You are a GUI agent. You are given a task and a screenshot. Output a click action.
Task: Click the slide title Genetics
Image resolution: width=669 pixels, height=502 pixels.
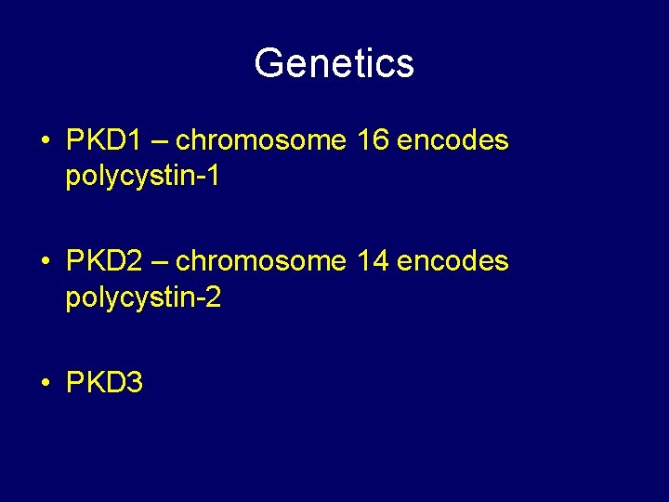334,63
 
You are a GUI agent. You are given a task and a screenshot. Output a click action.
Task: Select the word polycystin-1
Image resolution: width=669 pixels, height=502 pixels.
143,177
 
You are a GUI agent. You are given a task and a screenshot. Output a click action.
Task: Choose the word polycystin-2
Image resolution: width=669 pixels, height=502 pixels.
143,297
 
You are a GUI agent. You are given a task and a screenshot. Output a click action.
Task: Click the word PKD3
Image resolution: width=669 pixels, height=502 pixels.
104,382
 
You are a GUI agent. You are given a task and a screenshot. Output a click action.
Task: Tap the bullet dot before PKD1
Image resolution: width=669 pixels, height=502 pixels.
46,142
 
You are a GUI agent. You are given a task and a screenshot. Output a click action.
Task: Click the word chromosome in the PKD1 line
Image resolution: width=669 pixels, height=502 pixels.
260,140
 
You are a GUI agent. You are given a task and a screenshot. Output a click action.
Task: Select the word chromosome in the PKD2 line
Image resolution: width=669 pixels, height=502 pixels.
260,261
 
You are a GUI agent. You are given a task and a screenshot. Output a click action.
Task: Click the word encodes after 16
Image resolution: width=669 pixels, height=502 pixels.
453,140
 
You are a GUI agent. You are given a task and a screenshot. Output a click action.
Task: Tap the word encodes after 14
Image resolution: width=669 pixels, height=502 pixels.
453,261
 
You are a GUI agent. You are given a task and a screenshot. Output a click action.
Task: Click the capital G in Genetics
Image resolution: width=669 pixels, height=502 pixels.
269,63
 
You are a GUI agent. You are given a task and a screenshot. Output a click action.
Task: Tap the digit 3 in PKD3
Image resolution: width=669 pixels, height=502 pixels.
135,382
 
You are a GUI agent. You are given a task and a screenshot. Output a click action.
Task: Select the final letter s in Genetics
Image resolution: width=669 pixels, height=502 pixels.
405,65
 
